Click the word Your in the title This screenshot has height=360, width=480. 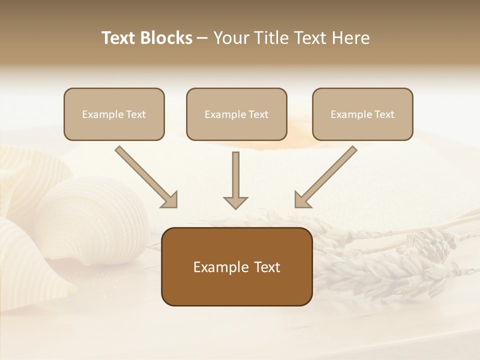click(232, 38)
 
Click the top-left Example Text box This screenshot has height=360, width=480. click(114, 114)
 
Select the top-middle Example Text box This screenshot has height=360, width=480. click(236, 114)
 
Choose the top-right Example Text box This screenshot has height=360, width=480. click(362, 114)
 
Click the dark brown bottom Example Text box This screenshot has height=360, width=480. click(236, 266)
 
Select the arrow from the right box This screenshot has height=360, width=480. click(327, 175)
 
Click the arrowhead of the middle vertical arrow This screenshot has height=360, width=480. click(235, 202)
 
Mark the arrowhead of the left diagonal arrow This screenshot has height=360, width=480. click(170, 199)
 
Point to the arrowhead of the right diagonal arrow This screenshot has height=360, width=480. click(302, 199)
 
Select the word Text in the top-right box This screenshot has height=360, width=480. click(384, 114)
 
